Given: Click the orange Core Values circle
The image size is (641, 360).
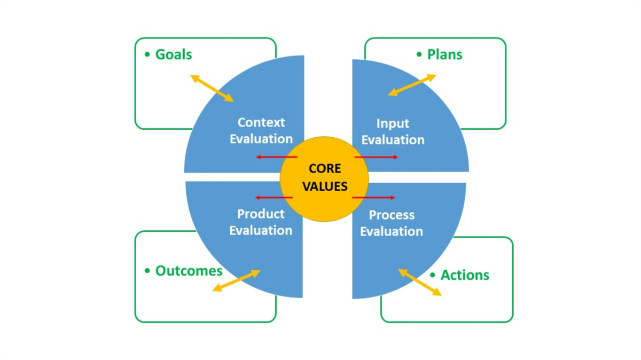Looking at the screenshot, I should [324, 160].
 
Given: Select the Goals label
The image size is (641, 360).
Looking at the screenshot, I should [173, 54].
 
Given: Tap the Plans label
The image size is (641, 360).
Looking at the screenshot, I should [444, 54].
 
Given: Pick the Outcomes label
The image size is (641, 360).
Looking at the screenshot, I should [189, 271].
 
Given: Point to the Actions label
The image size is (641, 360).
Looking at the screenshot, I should [464, 275].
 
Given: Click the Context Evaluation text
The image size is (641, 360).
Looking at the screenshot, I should [261, 130].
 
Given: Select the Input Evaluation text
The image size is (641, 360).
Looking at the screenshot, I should [393, 131].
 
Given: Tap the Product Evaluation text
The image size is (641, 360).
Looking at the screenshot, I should [261, 222].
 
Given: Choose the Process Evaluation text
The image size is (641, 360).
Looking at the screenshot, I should [392, 223].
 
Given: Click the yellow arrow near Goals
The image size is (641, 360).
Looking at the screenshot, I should [212, 88].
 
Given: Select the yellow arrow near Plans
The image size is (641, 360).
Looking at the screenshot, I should [412, 85].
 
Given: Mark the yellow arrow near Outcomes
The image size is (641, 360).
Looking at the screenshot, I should [236, 280].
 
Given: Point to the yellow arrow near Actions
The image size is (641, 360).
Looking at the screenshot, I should [420, 282].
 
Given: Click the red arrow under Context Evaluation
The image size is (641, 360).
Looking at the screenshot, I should [276, 157].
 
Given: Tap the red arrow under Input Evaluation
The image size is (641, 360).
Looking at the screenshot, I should [377, 157].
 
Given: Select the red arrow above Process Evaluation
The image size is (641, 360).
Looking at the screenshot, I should [374, 198].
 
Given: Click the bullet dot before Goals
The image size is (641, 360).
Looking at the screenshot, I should [147, 54].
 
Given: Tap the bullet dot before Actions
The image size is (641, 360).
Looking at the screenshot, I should [433, 275].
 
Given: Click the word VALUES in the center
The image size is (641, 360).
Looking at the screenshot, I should [325, 187].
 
